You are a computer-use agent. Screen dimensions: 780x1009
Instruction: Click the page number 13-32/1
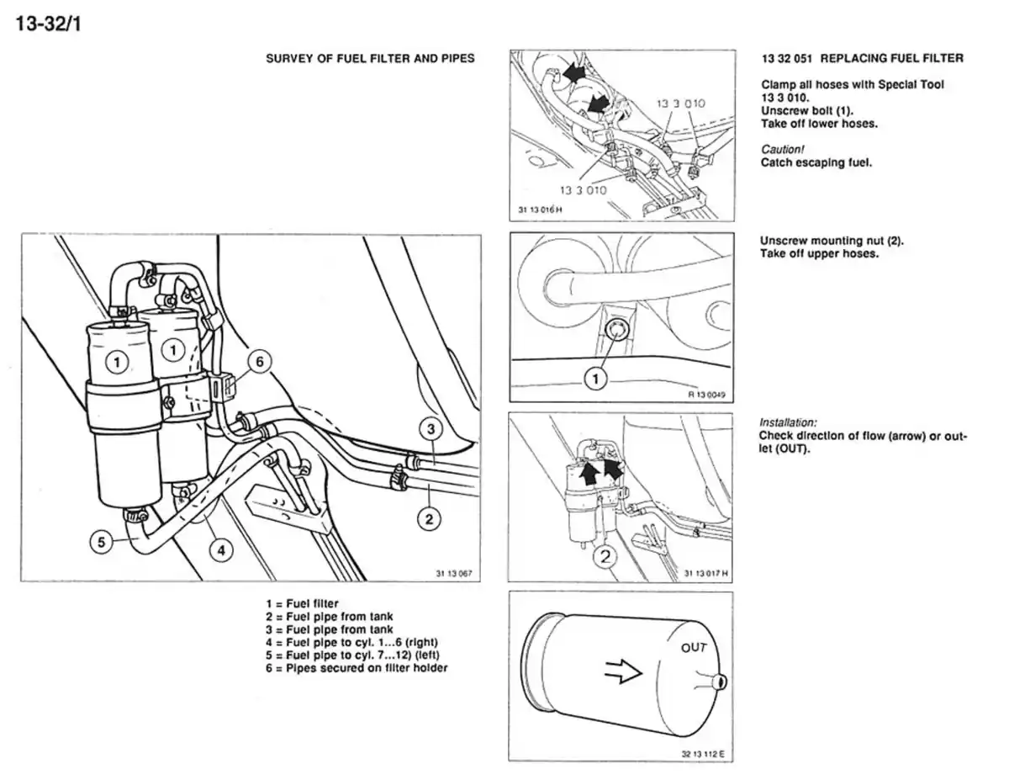tap(48, 22)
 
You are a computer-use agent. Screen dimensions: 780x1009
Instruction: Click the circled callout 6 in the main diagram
tap(259, 362)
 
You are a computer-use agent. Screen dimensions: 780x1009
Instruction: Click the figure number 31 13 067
tap(454, 574)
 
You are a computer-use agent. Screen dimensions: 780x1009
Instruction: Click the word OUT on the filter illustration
tap(694, 647)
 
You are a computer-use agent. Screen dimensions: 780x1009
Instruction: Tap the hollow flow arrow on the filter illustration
tap(624, 671)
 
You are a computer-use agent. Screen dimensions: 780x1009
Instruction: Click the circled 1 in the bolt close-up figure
tap(595, 379)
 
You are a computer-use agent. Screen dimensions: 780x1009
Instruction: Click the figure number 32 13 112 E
tap(702, 753)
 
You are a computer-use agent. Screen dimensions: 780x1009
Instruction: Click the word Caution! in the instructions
tap(783, 149)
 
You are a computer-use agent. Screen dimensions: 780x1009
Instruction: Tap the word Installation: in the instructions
tap(788, 422)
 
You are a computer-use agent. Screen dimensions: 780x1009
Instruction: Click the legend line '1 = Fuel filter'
tap(302, 604)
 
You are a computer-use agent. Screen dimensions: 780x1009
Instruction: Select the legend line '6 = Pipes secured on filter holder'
tap(357, 668)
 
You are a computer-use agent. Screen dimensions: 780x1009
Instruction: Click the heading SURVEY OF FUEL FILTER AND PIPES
tap(370, 58)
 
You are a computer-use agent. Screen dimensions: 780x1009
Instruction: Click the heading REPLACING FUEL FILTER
tap(891, 58)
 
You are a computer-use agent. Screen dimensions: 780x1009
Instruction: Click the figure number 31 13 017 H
tap(705, 574)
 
